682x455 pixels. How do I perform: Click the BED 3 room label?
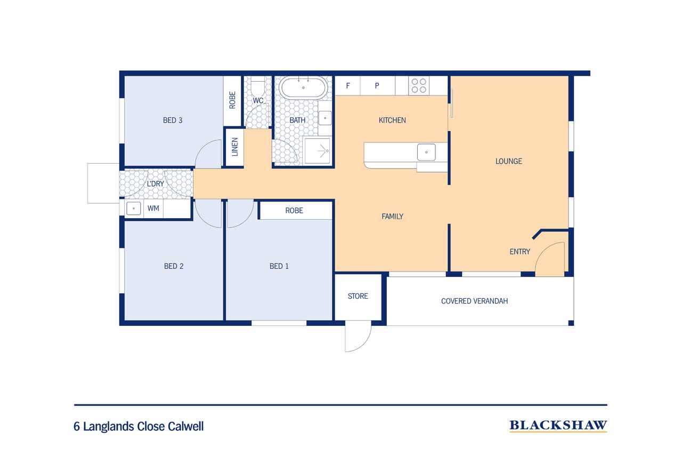coord(173,121)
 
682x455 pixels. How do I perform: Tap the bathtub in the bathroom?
coord(303,87)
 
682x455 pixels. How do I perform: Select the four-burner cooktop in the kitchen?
coord(419,86)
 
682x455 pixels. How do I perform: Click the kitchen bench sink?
coord(426,152)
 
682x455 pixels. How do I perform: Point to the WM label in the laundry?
coord(153,209)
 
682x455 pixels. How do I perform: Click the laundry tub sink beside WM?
coord(133,209)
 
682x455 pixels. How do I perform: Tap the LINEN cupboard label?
coord(235,147)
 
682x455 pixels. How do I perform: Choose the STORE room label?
coord(358,296)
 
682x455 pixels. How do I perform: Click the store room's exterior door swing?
coord(358,336)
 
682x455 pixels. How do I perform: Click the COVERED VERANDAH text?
coord(474,301)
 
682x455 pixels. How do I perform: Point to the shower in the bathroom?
coord(317,150)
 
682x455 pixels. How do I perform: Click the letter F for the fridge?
coord(348,86)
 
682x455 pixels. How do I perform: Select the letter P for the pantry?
coord(377,86)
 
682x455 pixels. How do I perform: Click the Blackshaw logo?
coord(558,426)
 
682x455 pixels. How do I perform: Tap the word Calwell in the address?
coord(186,426)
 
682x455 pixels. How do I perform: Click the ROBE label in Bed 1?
coord(294,211)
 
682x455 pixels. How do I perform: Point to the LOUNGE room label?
coord(509,161)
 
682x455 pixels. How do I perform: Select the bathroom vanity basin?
coord(325,118)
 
